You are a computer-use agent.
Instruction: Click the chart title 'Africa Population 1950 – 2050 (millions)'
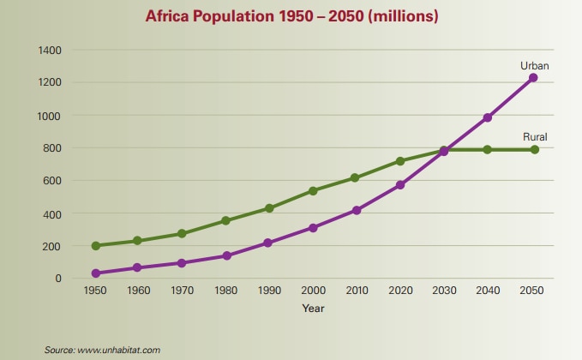click(x=291, y=16)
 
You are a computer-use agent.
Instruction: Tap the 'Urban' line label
click(x=534, y=65)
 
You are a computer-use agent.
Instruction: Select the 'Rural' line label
click(x=535, y=137)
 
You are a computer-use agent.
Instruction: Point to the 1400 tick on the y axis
click(x=50, y=50)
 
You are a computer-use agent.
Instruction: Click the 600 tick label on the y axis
click(x=52, y=181)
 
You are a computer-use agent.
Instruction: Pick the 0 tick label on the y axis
click(x=59, y=279)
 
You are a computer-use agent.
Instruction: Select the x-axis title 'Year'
click(x=313, y=309)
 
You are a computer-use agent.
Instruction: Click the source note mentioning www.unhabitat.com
click(x=103, y=350)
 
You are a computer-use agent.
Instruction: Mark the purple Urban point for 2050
click(x=533, y=78)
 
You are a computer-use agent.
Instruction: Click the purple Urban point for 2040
click(x=488, y=117)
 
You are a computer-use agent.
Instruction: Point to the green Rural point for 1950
click(x=96, y=246)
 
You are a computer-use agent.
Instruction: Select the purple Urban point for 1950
click(x=96, y=273)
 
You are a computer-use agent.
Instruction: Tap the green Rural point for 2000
click(x=314, y=190)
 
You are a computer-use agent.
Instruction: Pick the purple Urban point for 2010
click(x=357, y=210)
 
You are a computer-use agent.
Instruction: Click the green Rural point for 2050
click(x=533, y=149)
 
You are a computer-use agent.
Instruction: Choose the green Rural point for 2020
click(x=400, y=161)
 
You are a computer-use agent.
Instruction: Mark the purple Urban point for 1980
click(x=226, y=255)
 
